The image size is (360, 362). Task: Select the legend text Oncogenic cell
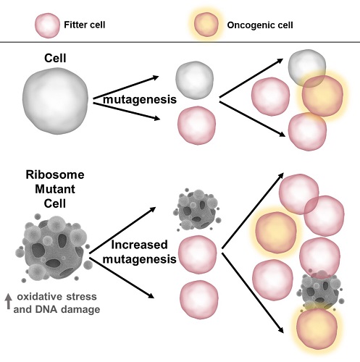(x=254, y=24)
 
